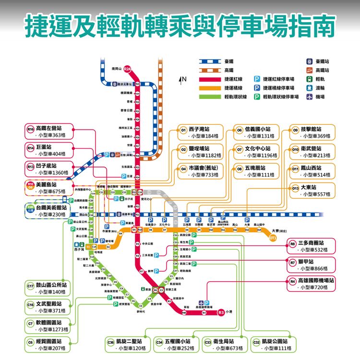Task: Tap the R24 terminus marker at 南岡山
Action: coord(128,69)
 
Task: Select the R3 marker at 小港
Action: coord(221,313)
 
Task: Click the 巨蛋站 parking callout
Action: coord(50,150)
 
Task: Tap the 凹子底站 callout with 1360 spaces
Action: coord(50,169)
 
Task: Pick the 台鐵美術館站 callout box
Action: coord(50,211)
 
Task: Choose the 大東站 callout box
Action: coord(312,190)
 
